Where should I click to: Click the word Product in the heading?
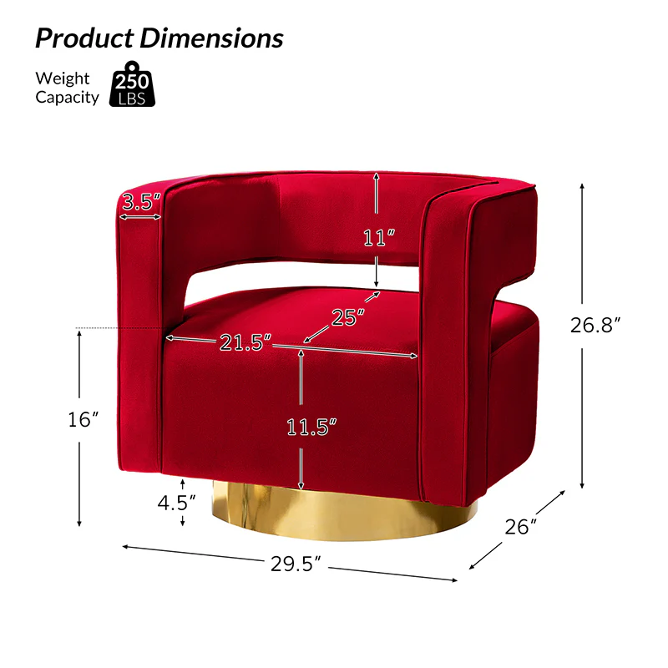(x=84, y=38)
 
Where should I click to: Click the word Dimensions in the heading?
(x=211, y=38)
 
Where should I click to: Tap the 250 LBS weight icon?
(x=132, y=84)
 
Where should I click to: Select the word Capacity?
(x=67, y=98)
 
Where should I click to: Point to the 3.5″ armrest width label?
(x=141, y=201)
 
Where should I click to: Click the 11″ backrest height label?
(x=379, y=237)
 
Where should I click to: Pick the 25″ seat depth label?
(x=347, y=317)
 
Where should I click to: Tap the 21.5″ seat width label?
(x=245, y=342)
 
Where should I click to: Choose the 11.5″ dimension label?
(x=311, y=427)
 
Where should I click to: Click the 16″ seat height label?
(x=83, y=420)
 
